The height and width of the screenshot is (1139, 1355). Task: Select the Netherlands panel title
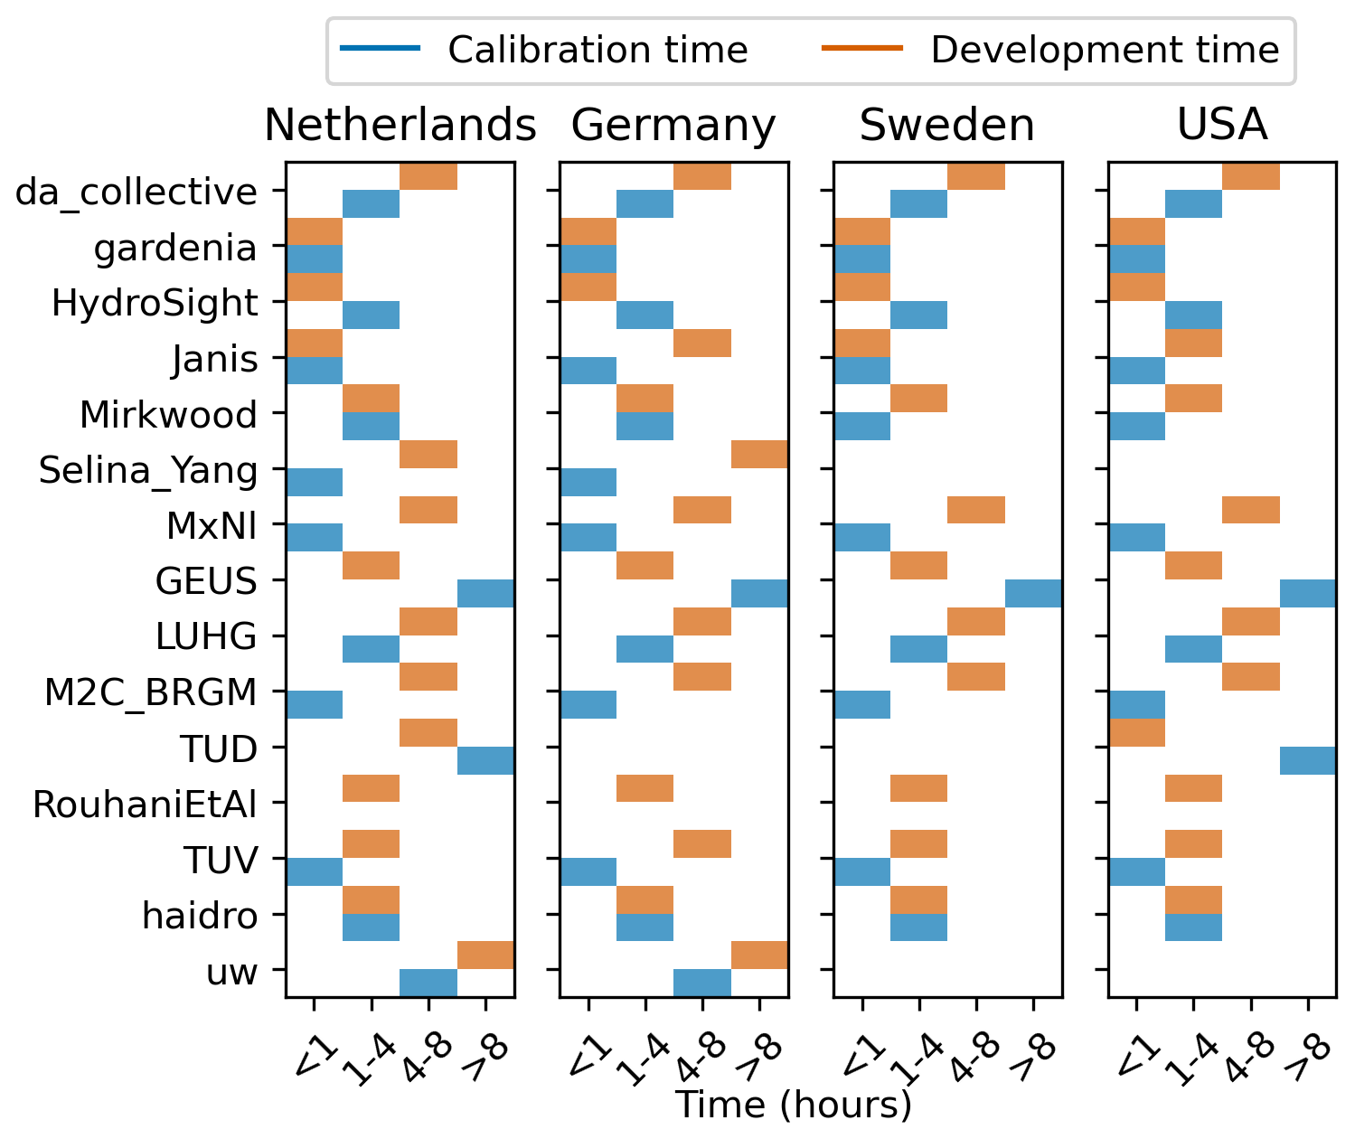pyautogui.click(x=400, y=125)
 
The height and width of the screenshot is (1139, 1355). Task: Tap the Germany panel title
pyautogui.click(x=673, y=125)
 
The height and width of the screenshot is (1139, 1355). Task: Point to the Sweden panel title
pyautogui.click(x=946, y=125)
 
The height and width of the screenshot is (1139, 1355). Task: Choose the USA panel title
pyautogui.click(x=1222, y=125)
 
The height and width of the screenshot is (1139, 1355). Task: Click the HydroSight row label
pyautogui.click(x=155, y=303)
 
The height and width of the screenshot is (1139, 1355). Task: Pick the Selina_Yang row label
pyautogui.click(x=148, y=470)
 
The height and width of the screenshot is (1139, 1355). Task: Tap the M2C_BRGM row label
pyautogui.click(x=151, y=693)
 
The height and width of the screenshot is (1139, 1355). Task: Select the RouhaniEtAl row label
pyautogui.click(x=146, y=805)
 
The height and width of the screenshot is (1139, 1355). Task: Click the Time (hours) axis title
pyautogui.click(x=794, y=1105)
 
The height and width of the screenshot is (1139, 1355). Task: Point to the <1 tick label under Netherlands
pyautogui.click(x=314, y=1053)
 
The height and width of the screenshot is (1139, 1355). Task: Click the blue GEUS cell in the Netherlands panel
pyautogui.click(x=486, y=594)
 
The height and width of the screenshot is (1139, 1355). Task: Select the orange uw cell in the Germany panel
pyautogui.click(x=759, y=955)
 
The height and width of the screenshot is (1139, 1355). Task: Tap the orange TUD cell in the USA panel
pyautogui.click(x=1136, y=733)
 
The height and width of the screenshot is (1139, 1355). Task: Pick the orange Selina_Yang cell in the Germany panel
pyautogui.click(x=759, y=455)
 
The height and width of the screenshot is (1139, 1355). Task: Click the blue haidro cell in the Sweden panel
pyautogui.click(x=918, y=927)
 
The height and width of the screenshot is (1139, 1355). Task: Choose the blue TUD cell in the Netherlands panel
pyautogui.click(x=486, y=761)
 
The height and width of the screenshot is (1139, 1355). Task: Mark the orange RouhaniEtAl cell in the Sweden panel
pyautogui.click(x=918, y=788)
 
